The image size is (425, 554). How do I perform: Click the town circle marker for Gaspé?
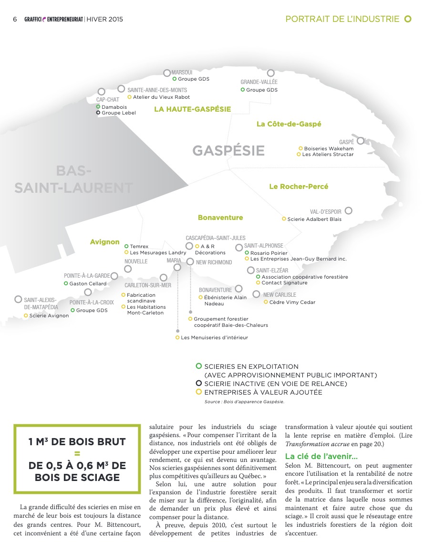(361, 141)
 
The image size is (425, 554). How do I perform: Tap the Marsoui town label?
(182, 72)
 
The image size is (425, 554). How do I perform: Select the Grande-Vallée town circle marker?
(271, 73)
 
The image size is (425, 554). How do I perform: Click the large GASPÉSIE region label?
(228, 151)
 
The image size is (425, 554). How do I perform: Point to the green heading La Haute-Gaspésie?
(192, 109)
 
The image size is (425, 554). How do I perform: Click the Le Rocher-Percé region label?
(299, 187)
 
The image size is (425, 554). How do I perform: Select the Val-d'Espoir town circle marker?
(349, 210)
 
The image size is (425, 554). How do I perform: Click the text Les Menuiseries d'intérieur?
(214, 338)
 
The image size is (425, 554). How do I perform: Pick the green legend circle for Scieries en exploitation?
(199, 366)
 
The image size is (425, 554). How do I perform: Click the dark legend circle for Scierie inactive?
(199, 384)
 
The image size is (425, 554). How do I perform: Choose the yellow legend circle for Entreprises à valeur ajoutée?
(199, 392)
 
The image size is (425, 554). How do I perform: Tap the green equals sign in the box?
(77, 453)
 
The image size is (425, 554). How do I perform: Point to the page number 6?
(15, 20)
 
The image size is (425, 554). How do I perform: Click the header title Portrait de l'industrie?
(342, 19)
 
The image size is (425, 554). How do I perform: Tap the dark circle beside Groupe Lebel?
(98, 113)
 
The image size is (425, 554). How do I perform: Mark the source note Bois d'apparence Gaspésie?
(244, 402)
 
